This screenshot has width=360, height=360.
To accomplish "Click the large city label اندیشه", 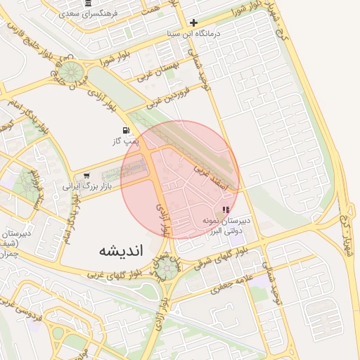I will [x=121, y=250].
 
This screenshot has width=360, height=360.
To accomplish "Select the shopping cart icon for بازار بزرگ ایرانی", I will [x=86, y=176].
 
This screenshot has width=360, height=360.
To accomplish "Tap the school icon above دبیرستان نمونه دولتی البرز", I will [x=226, y=210].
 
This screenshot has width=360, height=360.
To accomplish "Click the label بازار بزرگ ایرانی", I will [x=88, y=187].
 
